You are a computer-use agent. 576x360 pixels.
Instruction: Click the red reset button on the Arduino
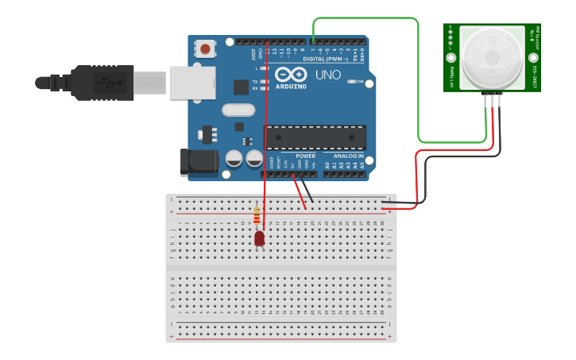(206, 49)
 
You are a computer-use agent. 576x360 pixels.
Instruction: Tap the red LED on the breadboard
(260, 238)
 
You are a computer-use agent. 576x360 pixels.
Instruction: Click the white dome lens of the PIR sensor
(492, 56)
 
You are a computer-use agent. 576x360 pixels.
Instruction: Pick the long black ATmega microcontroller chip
(315, 137)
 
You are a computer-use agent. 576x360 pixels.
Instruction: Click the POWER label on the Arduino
(305, 157)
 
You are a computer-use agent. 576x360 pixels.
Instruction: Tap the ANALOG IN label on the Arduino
(346, 157)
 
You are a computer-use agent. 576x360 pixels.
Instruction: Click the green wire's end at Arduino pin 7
(314, 41)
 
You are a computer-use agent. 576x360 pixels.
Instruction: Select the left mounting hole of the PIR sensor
(450, 58)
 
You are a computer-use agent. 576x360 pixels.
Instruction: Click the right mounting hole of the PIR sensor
(534, 58)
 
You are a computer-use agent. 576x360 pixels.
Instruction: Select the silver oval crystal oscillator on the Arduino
(238, 110)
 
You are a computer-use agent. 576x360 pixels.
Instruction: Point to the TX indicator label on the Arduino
(254, 82)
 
